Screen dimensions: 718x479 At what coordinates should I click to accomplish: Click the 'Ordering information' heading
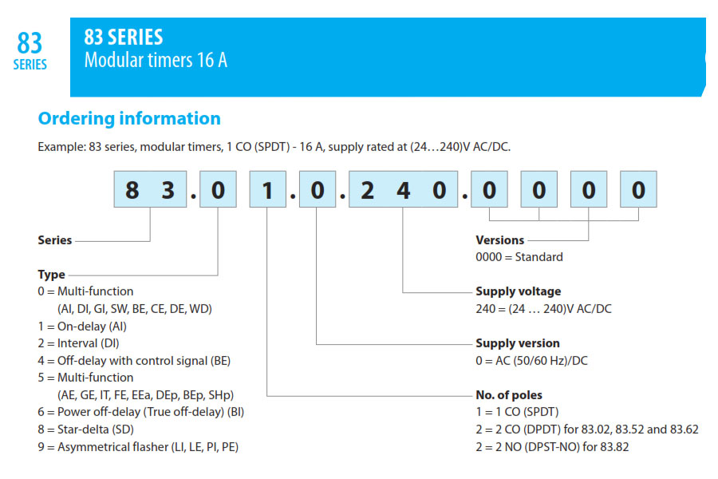[x=129, y=118]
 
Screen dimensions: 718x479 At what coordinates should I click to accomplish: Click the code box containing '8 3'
[x=150, y=189]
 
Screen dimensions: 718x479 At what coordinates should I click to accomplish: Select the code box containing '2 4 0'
[x=404, y=189]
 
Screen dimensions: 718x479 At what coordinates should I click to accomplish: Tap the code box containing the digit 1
[x=268, y=189]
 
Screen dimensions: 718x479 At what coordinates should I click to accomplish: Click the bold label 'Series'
[x=55, y=240]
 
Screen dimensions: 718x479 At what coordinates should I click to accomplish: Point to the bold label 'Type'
[x=51, y=275]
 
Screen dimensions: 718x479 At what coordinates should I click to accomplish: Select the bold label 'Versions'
[x=500, y=240]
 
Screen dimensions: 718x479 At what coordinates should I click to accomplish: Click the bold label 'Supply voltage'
[x=519, y=291]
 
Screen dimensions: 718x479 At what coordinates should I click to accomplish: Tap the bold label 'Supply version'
[x=518, y=343]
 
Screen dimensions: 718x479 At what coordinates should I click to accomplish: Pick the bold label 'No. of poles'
[x=509, y=395]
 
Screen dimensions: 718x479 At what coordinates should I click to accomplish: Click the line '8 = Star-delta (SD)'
[x=86, y=430]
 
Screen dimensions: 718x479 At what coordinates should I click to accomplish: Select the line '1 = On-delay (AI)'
[x=82, y=327]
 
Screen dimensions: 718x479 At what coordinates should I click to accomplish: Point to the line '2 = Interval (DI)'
[x=78, y=343]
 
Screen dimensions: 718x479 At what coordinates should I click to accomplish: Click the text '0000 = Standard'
[x=519, y=257]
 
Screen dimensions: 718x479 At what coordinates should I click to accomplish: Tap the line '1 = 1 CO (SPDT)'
[x=518, y=412]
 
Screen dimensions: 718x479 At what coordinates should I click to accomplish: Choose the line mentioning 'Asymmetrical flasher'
[x=138, y=447]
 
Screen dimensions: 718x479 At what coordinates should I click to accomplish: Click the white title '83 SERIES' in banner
[x=124, y=38]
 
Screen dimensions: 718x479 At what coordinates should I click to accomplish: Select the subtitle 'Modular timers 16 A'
[x=156, y=60]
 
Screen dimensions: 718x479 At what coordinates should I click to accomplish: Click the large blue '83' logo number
[x=30, y=43]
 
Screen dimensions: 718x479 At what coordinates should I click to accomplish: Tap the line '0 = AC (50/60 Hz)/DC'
[x=531, y=361]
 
